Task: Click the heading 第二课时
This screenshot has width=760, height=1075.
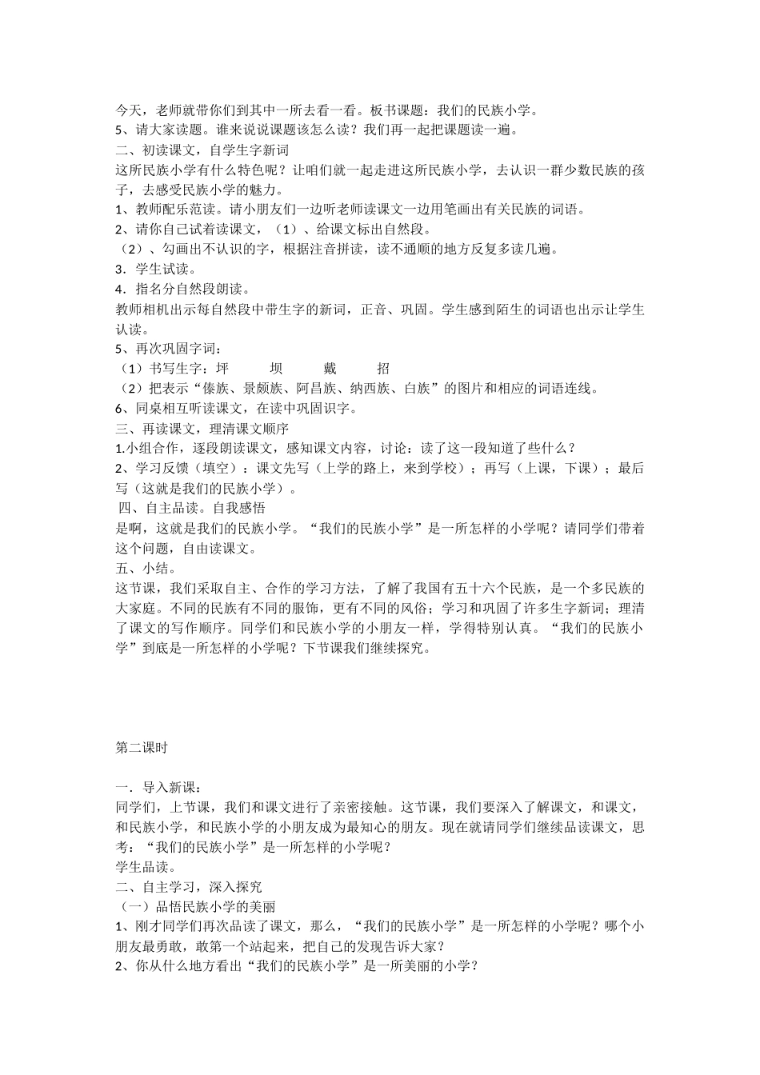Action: tap(141, 748)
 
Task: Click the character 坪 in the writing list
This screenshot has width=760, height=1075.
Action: tap(222, 368)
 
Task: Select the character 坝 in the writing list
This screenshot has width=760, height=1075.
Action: tap(276, 368)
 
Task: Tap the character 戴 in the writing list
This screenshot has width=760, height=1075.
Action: tap(330, 368)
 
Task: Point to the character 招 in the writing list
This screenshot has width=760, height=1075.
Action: tap(383, 368)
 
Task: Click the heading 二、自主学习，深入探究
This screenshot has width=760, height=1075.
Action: tap(189, 887)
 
